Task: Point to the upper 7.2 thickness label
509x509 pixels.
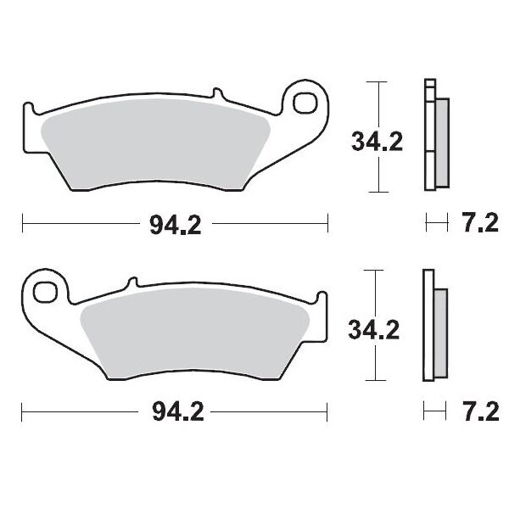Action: [477, 225]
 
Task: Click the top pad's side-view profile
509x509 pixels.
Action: [436, 136]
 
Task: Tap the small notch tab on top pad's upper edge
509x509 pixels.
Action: [216, 92]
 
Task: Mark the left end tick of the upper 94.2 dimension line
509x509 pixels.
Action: [22, 225]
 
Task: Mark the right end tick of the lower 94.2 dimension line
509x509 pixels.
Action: [327, 413]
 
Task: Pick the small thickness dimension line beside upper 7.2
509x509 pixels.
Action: [436, 225]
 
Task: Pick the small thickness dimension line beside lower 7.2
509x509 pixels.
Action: [436, 413]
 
